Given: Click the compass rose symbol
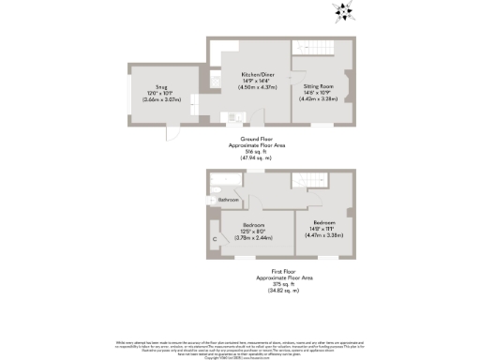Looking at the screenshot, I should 344,11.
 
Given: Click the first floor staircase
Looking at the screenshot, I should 304,180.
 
